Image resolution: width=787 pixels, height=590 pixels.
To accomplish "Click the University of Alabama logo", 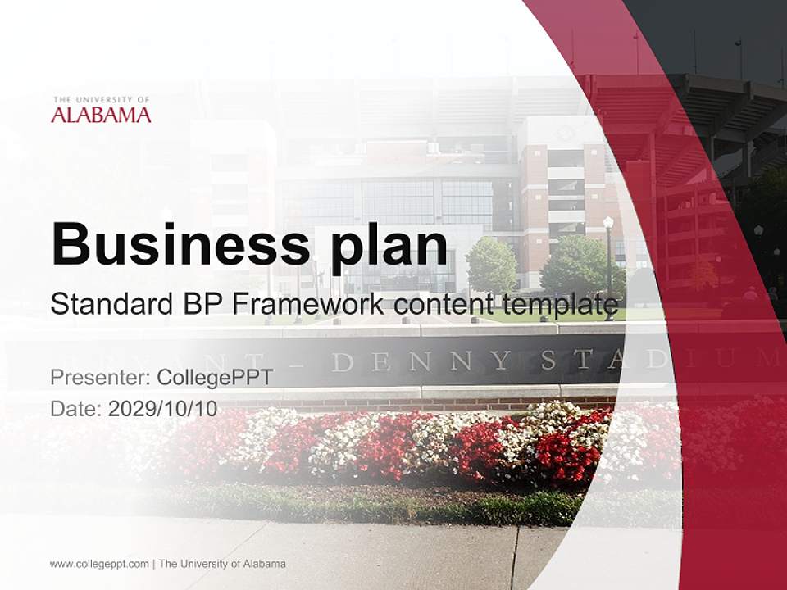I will [101, 110].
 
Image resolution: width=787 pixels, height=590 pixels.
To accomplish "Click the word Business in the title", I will [173, 243].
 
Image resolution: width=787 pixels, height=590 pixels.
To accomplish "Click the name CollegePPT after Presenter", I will [215, 378].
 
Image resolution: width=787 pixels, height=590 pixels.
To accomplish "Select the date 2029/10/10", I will [163, 409].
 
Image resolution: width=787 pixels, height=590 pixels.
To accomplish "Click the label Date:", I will [76, 409].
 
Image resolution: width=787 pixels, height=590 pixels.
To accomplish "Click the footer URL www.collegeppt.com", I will [99, 564].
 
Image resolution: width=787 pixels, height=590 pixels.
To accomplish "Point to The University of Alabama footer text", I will [222, 564].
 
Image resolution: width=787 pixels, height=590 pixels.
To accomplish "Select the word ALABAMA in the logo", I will [101, 115].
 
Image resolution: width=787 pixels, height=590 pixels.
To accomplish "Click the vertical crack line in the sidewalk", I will [515, 557].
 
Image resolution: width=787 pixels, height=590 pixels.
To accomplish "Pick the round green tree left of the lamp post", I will [491, 265].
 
